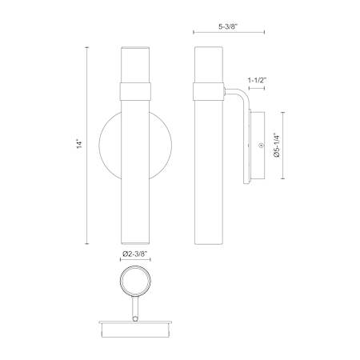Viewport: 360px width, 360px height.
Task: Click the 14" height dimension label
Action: tap(79, 144)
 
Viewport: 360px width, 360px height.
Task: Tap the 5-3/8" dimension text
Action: tap(228, 26)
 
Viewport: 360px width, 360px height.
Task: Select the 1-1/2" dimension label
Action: tap(258, 80)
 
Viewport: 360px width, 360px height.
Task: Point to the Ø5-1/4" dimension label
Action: tap(277, 146)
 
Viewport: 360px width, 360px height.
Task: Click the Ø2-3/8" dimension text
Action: tap(135, 254)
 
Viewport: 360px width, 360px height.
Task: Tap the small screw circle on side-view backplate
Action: tap(261, 146)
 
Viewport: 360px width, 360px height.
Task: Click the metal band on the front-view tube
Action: tap(135, 91)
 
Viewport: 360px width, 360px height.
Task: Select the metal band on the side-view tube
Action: tap(209, 91)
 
